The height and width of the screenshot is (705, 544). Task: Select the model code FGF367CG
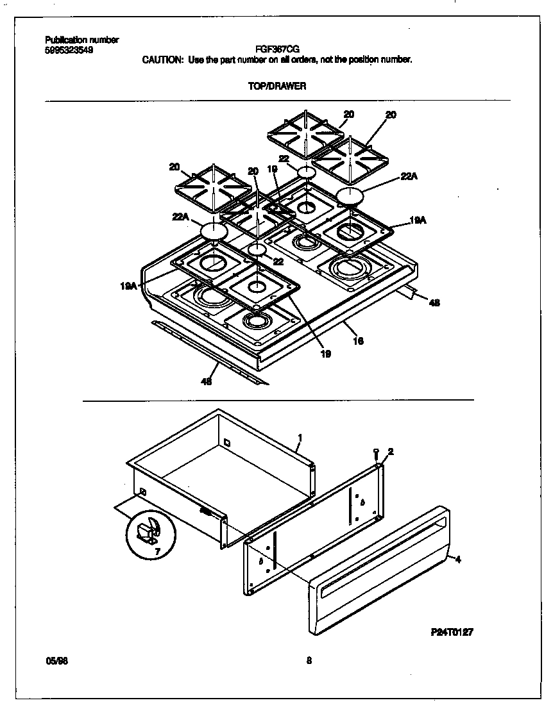(276, 49)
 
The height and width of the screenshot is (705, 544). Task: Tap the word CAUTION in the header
(162, 60)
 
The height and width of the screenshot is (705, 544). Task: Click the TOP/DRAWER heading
(277, 87)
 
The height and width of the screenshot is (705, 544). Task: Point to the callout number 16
(358, 341)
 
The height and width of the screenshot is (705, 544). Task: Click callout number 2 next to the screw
(390, 451)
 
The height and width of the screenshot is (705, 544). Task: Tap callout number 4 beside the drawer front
(457, 560)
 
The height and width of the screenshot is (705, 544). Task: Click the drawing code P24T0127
(452, 631)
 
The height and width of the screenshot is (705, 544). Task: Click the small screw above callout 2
(377, 453)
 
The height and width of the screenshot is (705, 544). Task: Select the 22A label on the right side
(409, 177)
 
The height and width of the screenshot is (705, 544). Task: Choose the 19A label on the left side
(128, 286)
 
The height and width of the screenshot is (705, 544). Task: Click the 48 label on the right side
(434, 303)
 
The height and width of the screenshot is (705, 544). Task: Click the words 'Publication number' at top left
(81, 40)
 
